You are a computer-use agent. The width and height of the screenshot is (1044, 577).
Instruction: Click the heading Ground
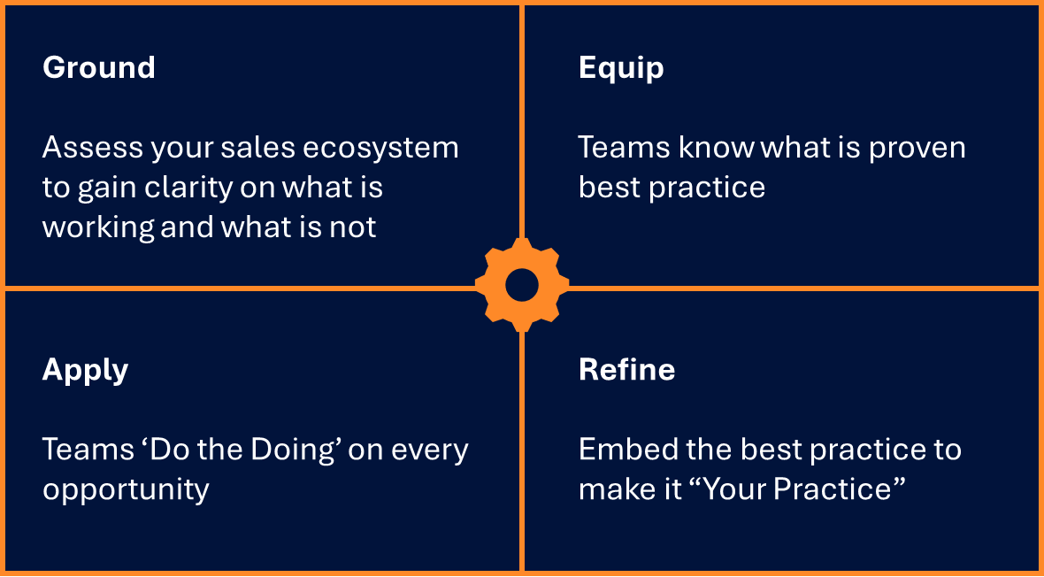[98, 68]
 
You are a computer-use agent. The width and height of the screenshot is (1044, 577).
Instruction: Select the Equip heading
[621, 68]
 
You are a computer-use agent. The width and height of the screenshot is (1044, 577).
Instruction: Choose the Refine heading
[626, 369]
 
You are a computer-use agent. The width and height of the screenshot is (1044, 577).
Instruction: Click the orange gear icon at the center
[521, 285]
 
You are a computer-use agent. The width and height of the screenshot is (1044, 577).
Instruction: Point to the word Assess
[91, 147]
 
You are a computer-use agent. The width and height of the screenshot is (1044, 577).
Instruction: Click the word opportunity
[126, 489]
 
